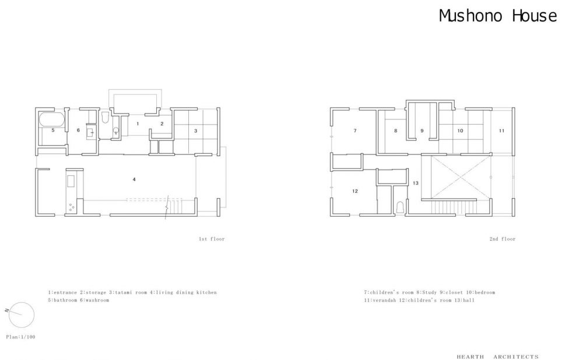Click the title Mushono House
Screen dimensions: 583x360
[498, 16]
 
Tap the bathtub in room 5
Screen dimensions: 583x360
[52, 119]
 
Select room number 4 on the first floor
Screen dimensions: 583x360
[134, 179]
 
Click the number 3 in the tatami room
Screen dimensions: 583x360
[195, 130]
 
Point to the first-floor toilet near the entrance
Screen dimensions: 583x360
[105, 118]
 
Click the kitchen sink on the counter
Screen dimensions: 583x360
[71, 181]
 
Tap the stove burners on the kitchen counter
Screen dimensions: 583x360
[71, 207]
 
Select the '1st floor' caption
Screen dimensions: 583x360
[212, 239]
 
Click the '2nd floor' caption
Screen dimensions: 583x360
[503, 239]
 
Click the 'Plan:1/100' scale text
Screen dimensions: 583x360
[21, 337]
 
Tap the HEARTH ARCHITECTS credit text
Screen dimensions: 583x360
[498, 357]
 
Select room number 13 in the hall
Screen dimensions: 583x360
[416, 183]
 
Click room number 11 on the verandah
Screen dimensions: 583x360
[501, 130]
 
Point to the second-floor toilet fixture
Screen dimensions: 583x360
[400, 207]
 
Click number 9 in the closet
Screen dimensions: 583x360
[422, 130]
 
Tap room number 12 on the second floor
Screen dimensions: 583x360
[355, 191]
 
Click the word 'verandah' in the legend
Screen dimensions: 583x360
[384, 300]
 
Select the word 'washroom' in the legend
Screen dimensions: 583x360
[97, 300]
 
